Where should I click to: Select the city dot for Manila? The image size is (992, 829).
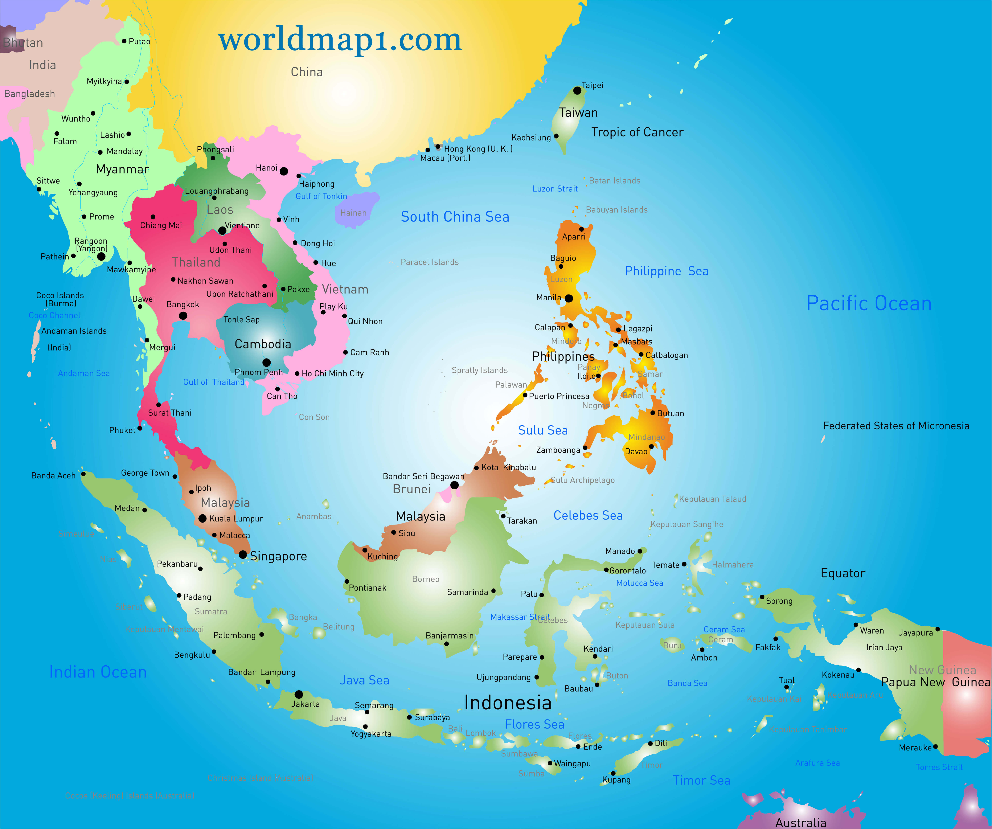pos(569,298)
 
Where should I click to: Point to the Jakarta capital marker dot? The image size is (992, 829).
pos(299,694)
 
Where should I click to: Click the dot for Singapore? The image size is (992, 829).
pos(243,554)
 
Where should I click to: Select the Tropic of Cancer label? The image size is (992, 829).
pos(637,132)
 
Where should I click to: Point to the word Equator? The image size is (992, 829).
pos(843,573)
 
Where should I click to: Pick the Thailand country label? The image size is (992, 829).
pos(196,262)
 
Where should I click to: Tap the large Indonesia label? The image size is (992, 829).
pos(508,703)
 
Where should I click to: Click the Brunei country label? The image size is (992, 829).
pos(412,489)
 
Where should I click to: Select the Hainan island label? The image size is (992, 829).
pos(353,213)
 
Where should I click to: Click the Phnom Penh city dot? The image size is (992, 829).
pos(266,363)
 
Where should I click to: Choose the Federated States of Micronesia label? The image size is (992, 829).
pos(896,426)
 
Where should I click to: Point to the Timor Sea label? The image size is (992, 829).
pos(702,780)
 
